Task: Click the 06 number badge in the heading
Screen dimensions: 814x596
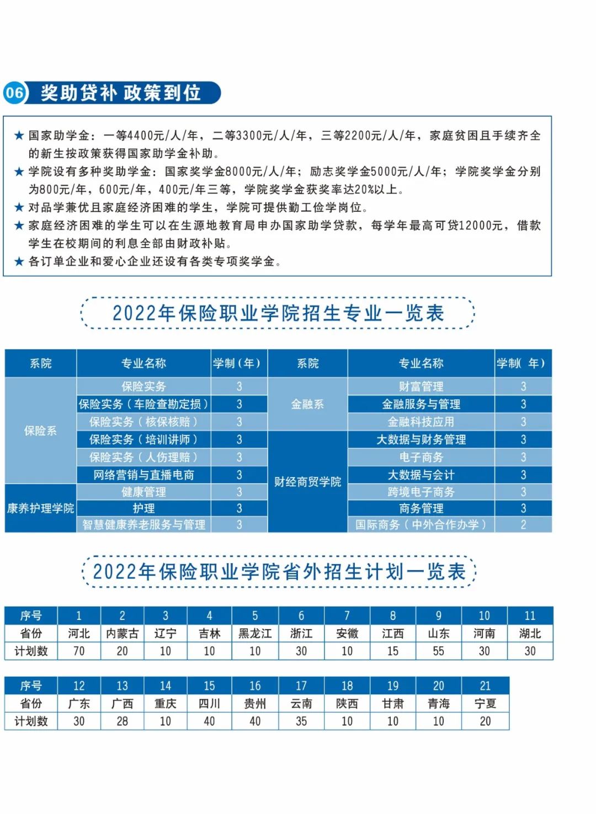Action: pyautogui.click(x=14, y=92)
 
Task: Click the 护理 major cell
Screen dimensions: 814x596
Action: pyautogui.click(x=143, y=508)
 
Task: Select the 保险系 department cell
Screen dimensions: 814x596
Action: pyautogui.click(x=40, y=431)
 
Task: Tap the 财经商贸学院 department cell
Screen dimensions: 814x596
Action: pyautogui.click(x=307, y=481)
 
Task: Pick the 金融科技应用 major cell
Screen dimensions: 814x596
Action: pyautogui.click(x=421, y=422)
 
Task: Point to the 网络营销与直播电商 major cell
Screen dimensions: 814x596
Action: pyautogui.click(x=143, y=475)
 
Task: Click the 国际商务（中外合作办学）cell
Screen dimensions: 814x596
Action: pyautogui.click(x=421, y=524)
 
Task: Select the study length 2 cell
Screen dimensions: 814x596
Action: pyautogui.click(x=523, y=524)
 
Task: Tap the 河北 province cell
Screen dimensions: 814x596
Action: pyautogui.click(x=79, y=633)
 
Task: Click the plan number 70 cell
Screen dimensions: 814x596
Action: pyautogui.click(x=79, y=651)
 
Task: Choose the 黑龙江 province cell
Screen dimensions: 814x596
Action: pyautogui.click(x=255, y=633)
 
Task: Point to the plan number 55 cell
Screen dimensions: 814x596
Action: pyautogui.click(x=438, y=651)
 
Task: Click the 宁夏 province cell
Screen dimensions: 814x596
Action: pyautogui.click(x=485, y=703)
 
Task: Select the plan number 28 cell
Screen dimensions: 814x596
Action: pyautogui.click(x=122, y=721)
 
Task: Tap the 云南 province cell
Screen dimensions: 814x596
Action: pyautogui.click(x=301, y=703)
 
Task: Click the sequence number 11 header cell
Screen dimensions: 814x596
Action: pyautogui.click(x=530, y=615)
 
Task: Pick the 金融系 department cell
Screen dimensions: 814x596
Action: pyautogui.click(x=307, y=404)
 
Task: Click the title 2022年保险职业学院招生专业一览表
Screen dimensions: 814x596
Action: pyautogui.click(x=278, y=313)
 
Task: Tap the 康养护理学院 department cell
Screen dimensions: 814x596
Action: pyautogui.click(x=40, y=508)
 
